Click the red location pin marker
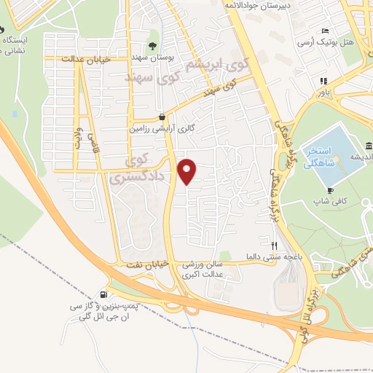coord(188,172)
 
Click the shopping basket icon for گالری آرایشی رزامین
coord(162,117)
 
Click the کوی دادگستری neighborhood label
coord(138,167)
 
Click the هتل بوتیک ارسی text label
coord(337,42)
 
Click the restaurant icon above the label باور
coord(321,81)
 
